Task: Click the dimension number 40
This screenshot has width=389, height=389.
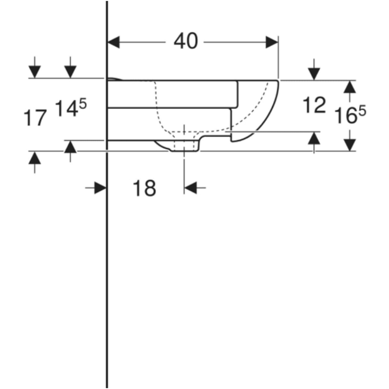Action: [186, 41]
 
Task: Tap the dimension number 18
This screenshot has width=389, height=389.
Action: [144, 188]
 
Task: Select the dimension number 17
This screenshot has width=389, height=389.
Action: [35, 118]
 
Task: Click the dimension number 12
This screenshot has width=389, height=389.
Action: [314, 105]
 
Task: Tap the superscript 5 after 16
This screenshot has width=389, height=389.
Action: [362, 111]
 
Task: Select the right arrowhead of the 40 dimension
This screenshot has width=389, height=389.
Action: [272, 42]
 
